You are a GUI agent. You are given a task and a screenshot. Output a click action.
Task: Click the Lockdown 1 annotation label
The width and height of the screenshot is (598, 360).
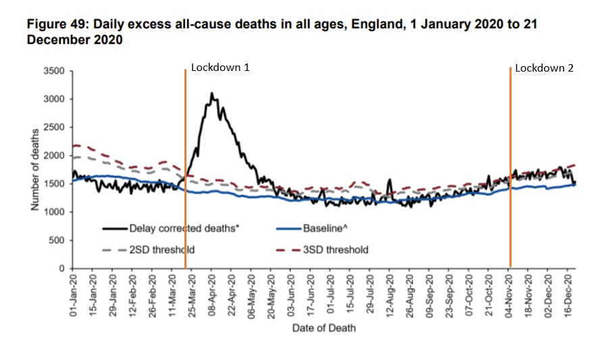220,68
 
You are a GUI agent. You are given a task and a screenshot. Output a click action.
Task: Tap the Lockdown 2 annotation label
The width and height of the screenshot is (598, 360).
544,68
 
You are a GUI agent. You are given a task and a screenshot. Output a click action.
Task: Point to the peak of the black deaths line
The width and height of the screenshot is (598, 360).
211,94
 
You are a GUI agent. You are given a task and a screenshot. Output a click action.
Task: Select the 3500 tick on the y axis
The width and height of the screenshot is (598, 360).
54,71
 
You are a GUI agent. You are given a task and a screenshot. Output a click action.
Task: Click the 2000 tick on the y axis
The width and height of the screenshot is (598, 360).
54,155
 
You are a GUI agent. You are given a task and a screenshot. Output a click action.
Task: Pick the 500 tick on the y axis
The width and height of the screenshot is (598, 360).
57,240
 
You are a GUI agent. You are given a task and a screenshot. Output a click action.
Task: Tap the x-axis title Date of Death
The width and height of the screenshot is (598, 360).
324,328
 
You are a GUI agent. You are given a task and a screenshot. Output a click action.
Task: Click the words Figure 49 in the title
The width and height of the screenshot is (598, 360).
56,25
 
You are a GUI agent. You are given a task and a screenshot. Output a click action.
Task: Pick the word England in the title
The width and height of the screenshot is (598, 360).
384,25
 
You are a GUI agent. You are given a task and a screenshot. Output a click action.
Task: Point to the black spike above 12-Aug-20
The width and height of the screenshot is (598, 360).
389,180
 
